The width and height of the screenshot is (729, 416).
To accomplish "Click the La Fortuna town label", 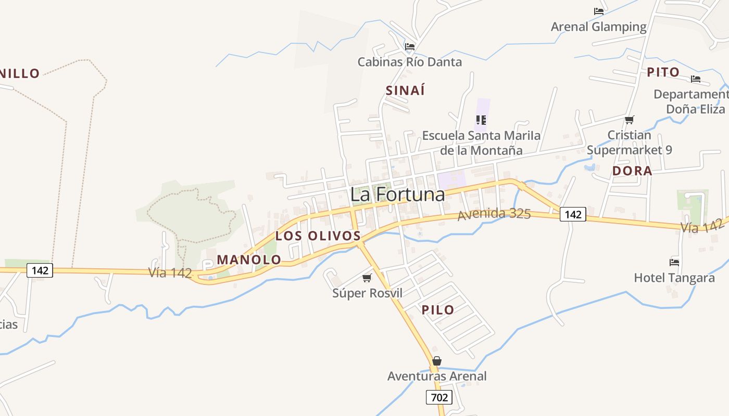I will coord(397,194).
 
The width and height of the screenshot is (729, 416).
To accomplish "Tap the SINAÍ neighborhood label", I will coord(405,90).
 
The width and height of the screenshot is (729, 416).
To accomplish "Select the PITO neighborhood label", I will coord(663,72).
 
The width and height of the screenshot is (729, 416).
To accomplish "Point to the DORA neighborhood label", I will coord(632,171).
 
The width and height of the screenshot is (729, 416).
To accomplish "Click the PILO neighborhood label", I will coord(438,310).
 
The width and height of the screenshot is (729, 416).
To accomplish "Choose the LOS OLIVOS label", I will coord(318,236).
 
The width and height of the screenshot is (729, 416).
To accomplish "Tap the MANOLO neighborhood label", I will coord(249,259).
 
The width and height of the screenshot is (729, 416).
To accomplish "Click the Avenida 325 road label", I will coord(494,214).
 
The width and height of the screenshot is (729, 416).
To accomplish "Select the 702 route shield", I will coord(439,398).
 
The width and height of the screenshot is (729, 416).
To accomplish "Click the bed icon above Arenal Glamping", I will coord(599,11).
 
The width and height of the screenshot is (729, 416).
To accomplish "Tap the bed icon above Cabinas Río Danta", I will coord(410,46).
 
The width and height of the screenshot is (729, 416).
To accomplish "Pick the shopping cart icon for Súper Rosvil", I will coord(367,278).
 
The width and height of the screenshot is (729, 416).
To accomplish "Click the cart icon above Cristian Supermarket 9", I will coord(629,120).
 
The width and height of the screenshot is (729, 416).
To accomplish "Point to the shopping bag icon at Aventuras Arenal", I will coord(437,361).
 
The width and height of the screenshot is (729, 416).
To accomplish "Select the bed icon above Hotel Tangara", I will coord(674,262).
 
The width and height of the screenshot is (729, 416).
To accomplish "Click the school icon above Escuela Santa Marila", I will coord(481,120).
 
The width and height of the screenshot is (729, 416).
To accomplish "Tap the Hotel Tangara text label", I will coord(674,278).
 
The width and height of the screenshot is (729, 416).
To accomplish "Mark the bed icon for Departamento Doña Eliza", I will coord(696,79).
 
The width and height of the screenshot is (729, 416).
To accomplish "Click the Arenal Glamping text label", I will coord(599,27).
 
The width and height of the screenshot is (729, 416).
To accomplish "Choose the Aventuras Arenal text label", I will coord(437,376).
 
